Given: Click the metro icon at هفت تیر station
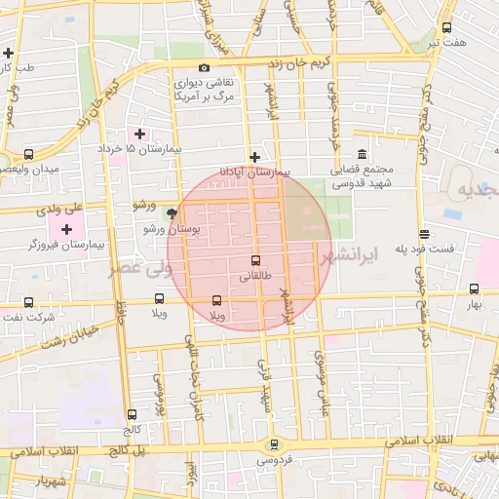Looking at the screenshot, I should pos(446,28).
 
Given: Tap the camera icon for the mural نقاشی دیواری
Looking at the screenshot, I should pos(204,67).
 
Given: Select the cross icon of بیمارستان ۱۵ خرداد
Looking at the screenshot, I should pos(139,134).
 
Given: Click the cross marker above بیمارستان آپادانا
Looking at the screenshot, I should pos(254,157).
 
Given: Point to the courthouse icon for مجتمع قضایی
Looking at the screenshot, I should pos(362,155).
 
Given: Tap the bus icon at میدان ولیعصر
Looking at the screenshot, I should pos(28,154).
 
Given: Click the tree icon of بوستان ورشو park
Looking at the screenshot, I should pos(173,213).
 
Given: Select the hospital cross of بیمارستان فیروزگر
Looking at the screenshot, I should pos(66,229).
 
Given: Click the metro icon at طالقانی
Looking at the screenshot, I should pos(255,261).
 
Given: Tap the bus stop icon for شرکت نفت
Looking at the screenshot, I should pos(27,302).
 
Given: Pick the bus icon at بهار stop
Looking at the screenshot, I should pos(474,288).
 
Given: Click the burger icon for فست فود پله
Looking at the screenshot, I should pos(424,234).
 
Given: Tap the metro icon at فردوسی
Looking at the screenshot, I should pos(274,443).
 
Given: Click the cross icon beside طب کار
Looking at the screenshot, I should pos(9,53).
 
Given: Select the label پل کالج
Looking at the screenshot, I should pos(126,451).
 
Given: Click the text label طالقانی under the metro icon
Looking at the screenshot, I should pos(255,277).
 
